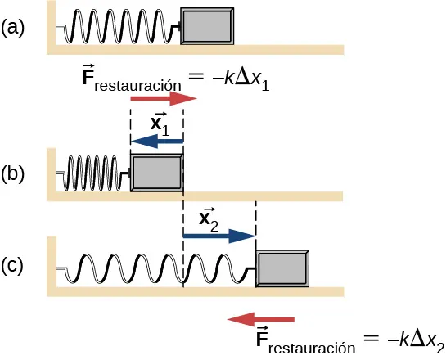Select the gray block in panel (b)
tap(156, 173)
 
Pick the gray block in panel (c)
tap(283, 268)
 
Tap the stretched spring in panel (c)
tap(155, 268)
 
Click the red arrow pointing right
tap(163, 99)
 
